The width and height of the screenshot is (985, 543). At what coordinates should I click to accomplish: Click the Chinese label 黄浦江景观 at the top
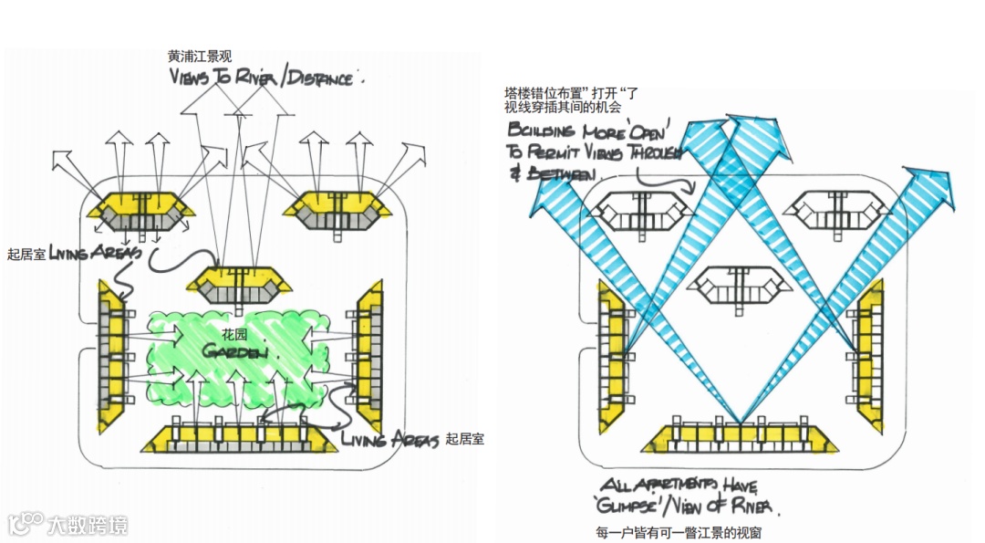point(200,57)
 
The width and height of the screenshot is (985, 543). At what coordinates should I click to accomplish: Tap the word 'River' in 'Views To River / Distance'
point(256,78)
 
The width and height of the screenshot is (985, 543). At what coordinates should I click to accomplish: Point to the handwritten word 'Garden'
point(235,351)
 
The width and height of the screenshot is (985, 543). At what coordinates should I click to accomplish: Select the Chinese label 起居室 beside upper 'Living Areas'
point(26,255)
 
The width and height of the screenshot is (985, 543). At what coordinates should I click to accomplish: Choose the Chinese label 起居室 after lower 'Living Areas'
point(464,439)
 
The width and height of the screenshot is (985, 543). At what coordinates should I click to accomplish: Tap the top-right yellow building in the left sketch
point(337,211)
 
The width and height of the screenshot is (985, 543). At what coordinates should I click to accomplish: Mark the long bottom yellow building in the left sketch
point(239,439)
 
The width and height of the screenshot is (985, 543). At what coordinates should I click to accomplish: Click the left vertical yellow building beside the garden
point(114,357)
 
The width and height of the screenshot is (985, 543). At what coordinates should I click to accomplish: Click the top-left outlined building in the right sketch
point(638,212)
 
